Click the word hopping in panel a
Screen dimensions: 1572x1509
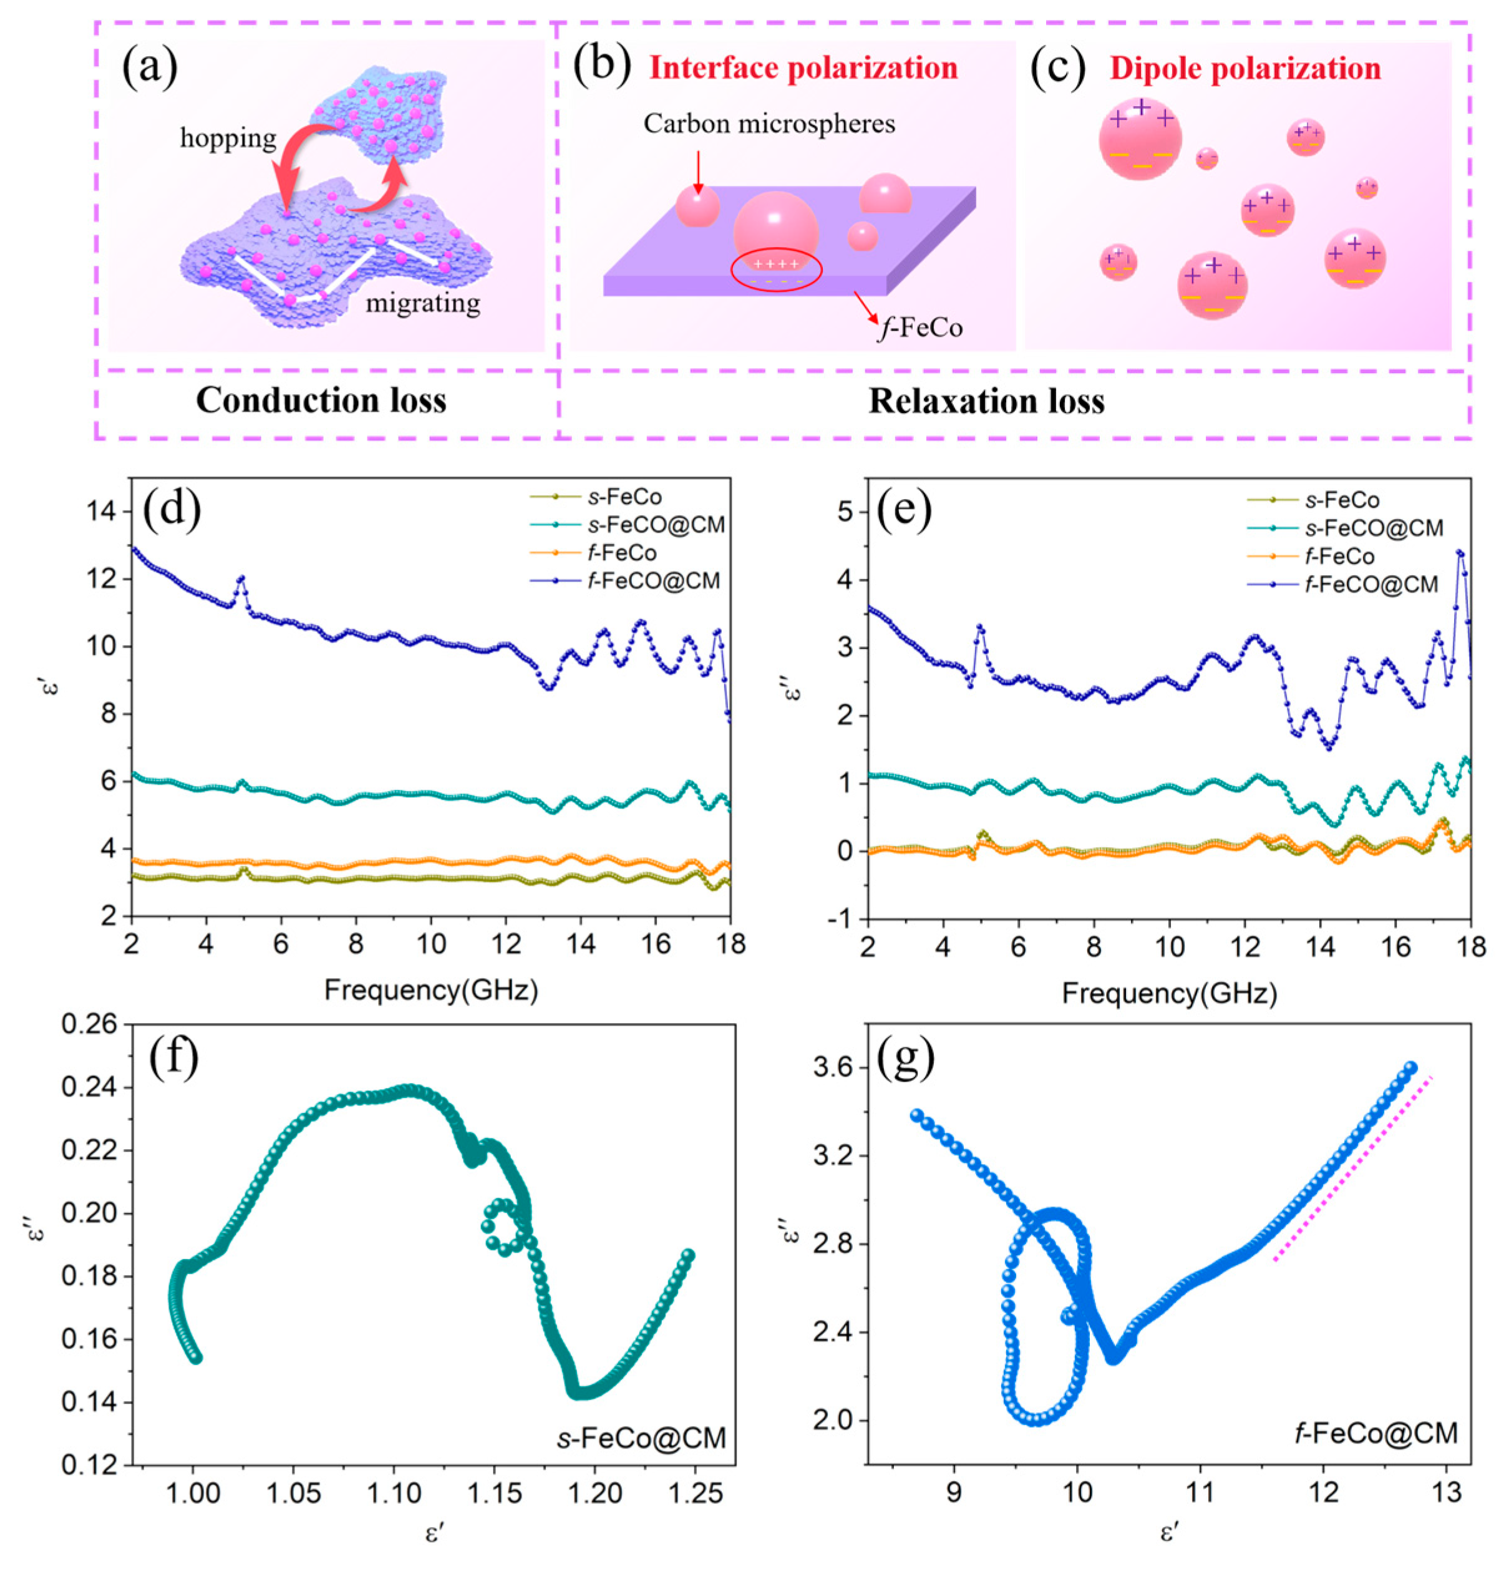click(x=228, y=138)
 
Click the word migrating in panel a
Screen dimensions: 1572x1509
click(x=423, y=304)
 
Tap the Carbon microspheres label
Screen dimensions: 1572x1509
click(x=769, y=124)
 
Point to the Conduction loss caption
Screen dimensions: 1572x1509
click(x=321, y=400)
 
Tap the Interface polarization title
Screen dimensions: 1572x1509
click(x=803, y=68)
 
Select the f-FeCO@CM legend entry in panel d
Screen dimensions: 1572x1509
click(x=651, y=580)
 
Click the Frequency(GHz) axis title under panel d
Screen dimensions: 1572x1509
click(x=431, y=991)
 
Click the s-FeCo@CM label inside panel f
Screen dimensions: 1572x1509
click(x=642, y=1437)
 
